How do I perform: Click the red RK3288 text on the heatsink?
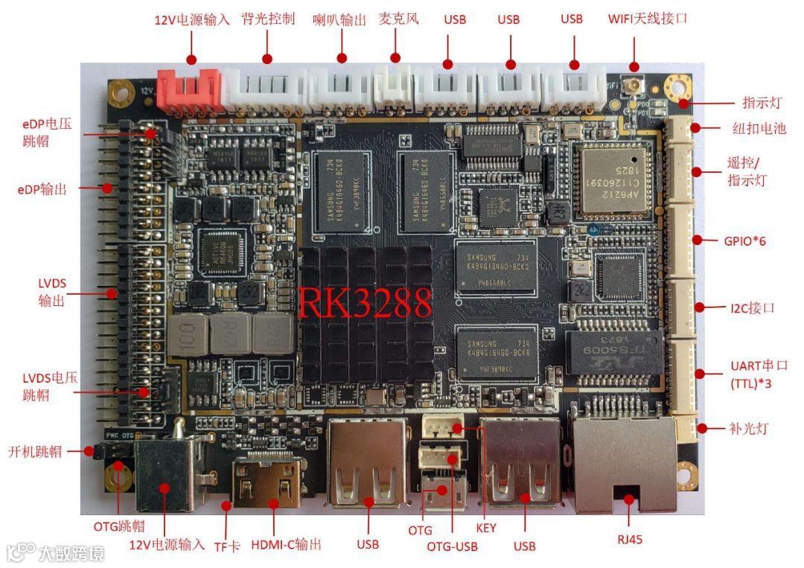[365, 301]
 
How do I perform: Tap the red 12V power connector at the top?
[189, 89]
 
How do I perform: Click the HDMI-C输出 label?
[287, 544]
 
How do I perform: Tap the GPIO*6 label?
[744, 240]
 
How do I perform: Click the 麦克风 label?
[398, 19]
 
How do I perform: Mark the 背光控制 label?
[268, 19]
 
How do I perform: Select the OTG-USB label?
[451, 547]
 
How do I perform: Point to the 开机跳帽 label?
[35, 451]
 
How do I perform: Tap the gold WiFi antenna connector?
[634, 87]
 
